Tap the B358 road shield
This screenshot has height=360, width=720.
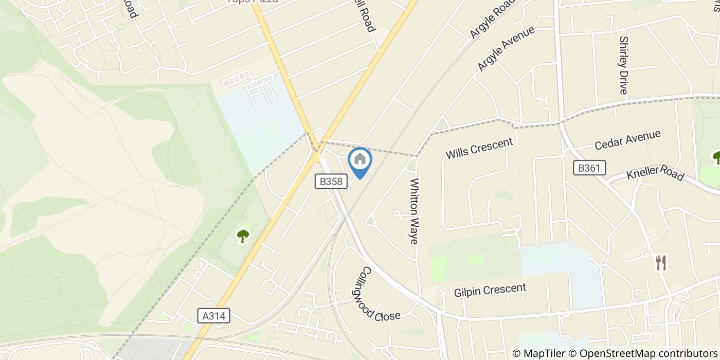coord(331,181)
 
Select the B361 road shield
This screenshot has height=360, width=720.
coord(589,168)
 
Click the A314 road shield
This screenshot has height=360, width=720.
coord(213,316)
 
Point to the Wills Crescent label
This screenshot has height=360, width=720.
coord(479,149)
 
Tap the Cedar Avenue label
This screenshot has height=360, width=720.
coord(627,140)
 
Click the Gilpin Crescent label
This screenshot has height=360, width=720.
coord(490,290)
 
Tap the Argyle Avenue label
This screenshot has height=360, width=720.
coord(506,48)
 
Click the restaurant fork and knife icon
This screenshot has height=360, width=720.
coord(661,263)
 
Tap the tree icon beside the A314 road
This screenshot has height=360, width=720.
coord(243,236)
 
